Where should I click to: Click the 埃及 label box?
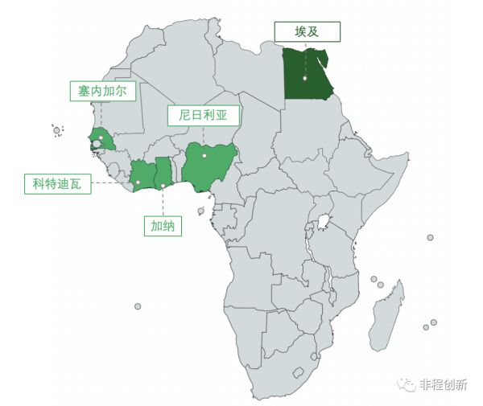click(307, 32)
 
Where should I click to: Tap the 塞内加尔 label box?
click(101, 90)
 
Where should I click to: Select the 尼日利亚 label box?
click(203, 114)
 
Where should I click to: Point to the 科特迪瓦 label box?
click(57, 183)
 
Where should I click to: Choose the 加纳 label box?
click(163, 226)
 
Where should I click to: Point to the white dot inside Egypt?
click(305, 78)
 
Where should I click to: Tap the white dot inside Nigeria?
click(204, 155)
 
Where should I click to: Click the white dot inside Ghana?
click(163, 186)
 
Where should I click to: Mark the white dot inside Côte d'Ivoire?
click(138, 182)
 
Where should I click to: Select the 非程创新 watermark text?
click(443, 385)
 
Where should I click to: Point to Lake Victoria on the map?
click(324, 220)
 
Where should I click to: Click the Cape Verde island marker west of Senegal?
click(56, 130)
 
